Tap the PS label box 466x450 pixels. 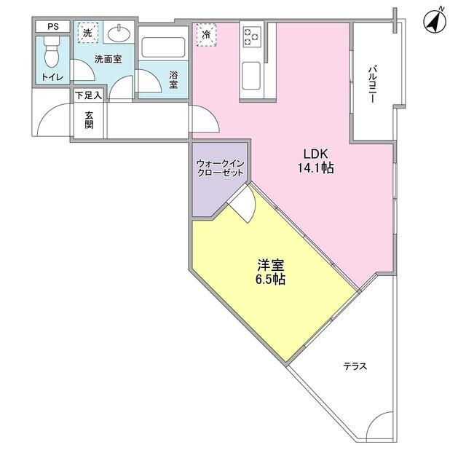[52, 27]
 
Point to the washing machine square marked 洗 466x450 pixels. [87, 33]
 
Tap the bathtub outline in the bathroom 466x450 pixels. [163, 48]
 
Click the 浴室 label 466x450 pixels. [174, 79]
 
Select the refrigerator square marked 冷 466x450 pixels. [207, 34]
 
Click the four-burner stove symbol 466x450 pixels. [252, 35]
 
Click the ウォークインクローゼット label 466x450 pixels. [219, 169]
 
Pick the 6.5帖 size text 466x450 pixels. [270, 279]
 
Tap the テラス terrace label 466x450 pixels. [355, 366]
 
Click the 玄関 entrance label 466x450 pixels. [89, 120]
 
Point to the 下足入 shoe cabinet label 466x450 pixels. [89, 95]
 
